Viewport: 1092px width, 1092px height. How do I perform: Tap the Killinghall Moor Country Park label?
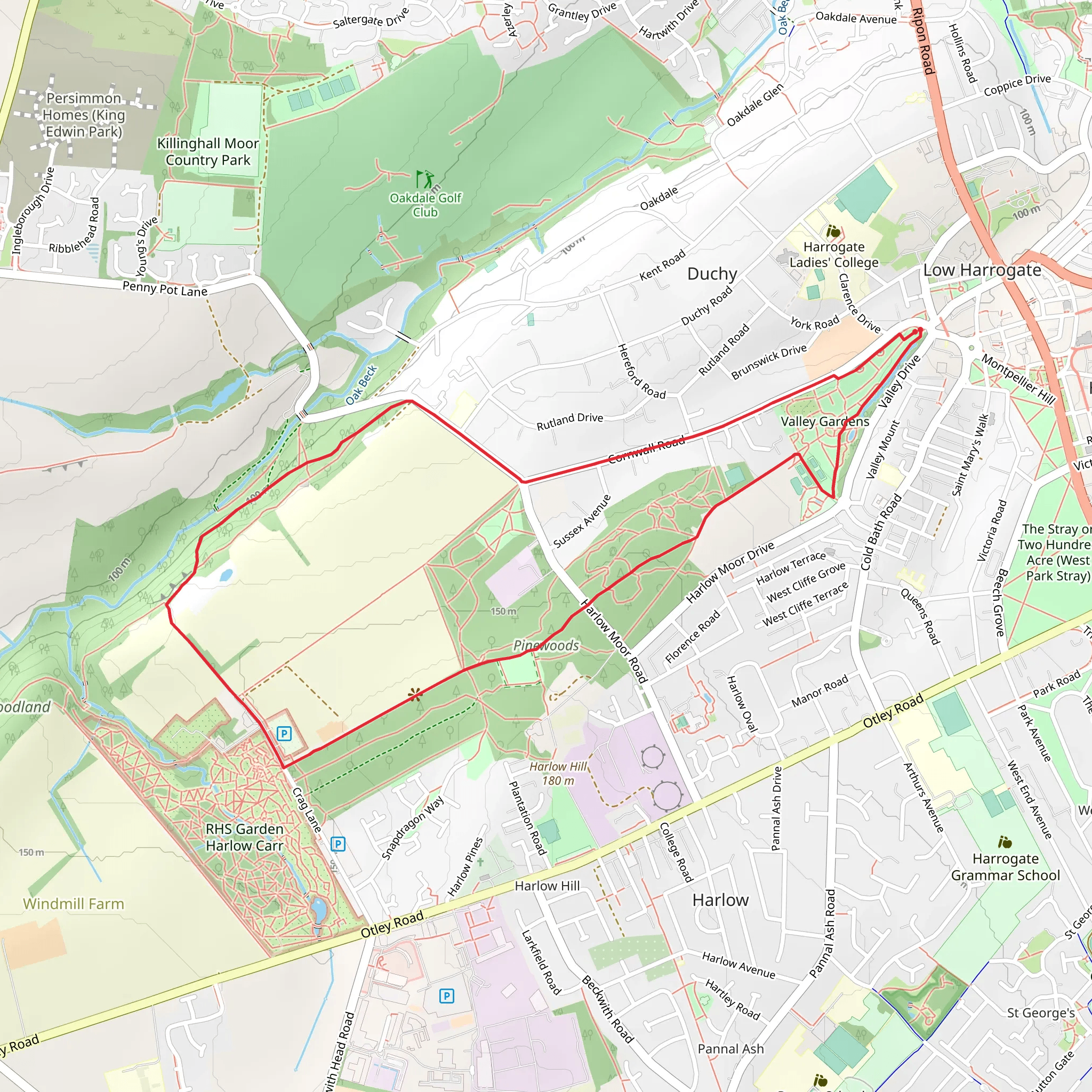[208, 151]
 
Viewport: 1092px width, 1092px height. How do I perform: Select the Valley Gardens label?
[825, 421]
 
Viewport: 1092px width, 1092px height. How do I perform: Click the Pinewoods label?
[546, 646]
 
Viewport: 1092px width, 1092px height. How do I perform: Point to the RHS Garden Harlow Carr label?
[244, 837]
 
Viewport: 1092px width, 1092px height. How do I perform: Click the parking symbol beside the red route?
[284, 734]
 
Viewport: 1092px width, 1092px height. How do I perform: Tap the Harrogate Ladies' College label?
[834, 254]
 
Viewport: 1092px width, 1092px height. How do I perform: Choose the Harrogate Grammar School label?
[1005, 866]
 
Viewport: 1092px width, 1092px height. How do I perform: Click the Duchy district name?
[712, 274]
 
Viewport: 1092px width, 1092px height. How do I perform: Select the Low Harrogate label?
[982, 270]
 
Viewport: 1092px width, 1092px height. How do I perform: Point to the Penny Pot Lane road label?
[165, 289]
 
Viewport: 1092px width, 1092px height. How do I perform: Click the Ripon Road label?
[922, 41]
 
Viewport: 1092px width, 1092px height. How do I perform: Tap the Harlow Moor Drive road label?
[730, 572]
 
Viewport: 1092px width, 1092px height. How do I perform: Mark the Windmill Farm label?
[74, 904]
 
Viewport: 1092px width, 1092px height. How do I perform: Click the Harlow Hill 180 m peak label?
[558, 773]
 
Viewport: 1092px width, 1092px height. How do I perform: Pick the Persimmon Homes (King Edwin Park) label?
[84, 115]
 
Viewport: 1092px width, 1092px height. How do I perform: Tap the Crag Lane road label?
[307, 810]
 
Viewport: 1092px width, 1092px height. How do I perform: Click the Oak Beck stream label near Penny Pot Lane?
[361, 385]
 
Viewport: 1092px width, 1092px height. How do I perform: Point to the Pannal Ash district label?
[730, 1049]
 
